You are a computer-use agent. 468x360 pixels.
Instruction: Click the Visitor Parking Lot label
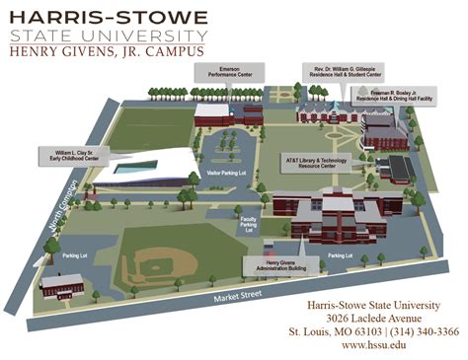[227, 175]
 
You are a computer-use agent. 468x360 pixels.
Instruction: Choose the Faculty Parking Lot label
[248, 225]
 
